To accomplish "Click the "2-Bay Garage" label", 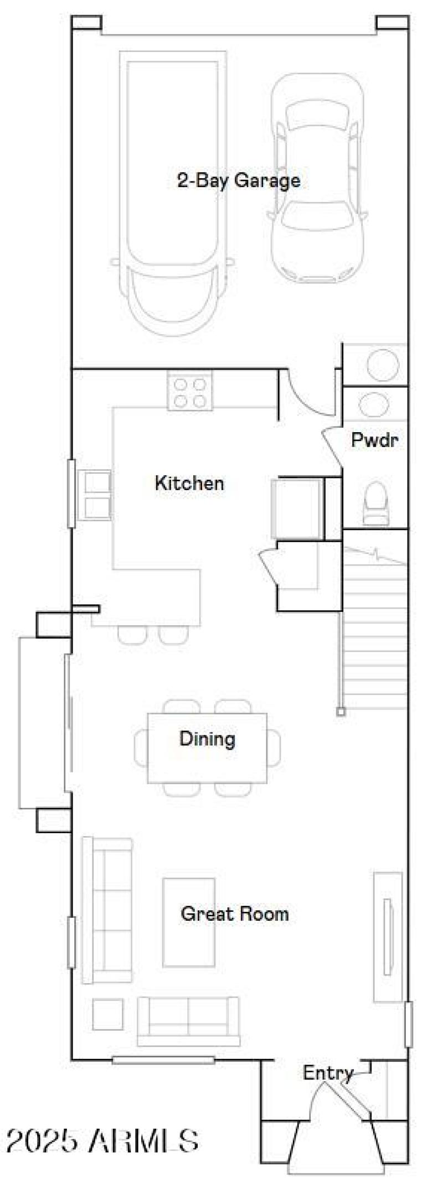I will pyautogui.click(x=239, y=180).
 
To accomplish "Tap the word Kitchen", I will pyautogui.click(x=189, y=483).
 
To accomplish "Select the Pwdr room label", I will pyautogui.click(x=375, y=440).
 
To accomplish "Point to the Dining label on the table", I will pyautogui.click(x=207, y=739).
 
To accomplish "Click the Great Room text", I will pyautogui.click(x=235, y=913).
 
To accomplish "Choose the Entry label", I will pyautogui.click(x=327, y=1073).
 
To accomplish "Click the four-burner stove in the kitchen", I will pyautogui.click(x=190, y=392).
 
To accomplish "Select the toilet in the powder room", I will pyautogui.click(x=377, y=503).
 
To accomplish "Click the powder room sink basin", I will pyautogui.click(x=374, y=404).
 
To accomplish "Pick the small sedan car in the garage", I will pyautogui.click(x=317, y=177).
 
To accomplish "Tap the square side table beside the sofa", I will pyautogui.click(x=108, y=1015).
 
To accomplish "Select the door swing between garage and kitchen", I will pyautogui.click(x=305, y=396).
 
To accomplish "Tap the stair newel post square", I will pyautogui.click(x=341, y=713).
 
